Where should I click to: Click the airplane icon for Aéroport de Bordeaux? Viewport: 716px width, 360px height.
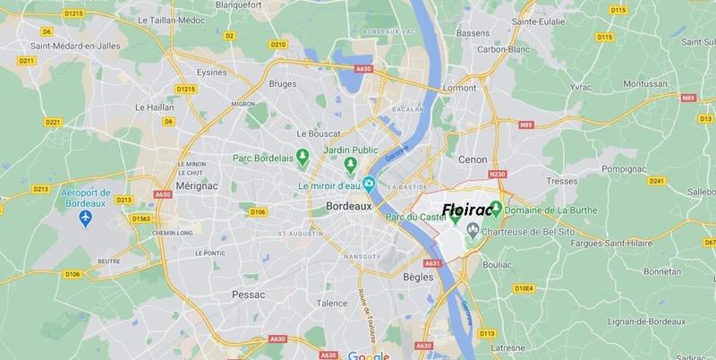tap(87, 219)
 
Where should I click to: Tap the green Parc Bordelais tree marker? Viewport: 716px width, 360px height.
tap(303, 158)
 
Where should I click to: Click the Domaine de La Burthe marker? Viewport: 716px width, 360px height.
tap(496, 208)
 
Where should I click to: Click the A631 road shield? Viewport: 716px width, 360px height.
tap(433, 263)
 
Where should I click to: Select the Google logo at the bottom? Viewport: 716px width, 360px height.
tap(363, 354)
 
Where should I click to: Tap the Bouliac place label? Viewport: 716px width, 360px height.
tap(498, 265)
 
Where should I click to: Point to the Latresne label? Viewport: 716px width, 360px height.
tap(506, 346)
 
